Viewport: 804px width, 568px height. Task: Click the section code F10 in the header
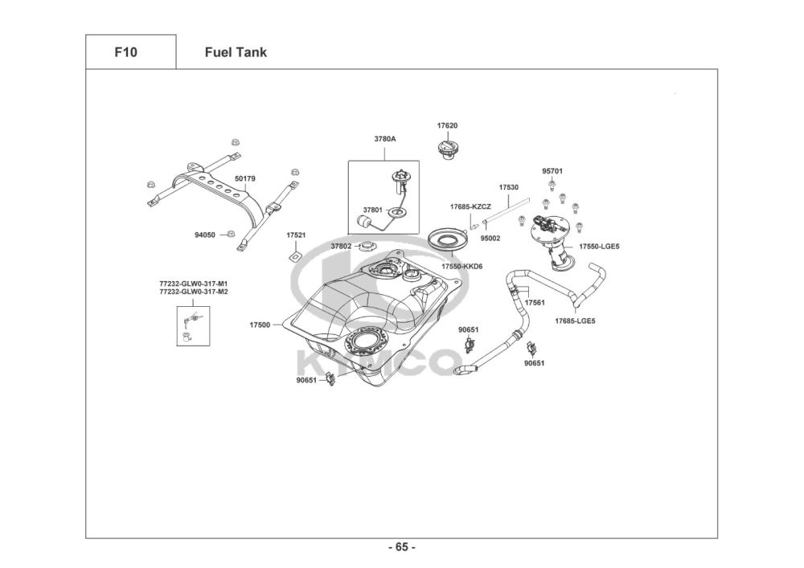coord(126,52)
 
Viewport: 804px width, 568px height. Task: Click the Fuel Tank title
coord(236,52)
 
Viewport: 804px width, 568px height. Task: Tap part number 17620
coord(448,125)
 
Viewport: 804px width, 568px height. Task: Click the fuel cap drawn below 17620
coord(447,149)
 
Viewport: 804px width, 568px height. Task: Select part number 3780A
coord(385,138)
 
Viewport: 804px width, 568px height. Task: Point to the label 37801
coord(372,210)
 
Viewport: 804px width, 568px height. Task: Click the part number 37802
coord(341,246)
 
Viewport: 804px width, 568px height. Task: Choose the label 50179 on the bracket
coord(245,178)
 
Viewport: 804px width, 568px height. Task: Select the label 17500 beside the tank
coord(260,325)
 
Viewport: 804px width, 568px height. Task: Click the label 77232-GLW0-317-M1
coord(194,284)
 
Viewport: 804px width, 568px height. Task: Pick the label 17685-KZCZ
coord(470,206)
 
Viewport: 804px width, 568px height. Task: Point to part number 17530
coord(508,186)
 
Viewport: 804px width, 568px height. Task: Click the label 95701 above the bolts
coord(552,170)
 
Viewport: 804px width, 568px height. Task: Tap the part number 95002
coord(490,238)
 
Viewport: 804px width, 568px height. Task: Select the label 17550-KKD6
coord(461,265)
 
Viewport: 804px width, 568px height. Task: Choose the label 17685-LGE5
coord(575,321)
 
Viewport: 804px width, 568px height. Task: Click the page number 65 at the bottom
coord(402,547)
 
